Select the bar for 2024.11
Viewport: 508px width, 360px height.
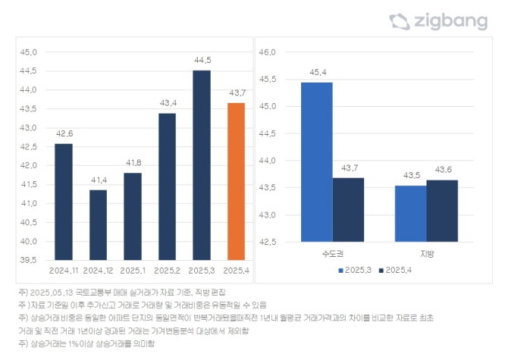point(64,202)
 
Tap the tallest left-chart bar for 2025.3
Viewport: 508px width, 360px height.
point(201,165)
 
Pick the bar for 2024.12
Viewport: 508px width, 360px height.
point(98,224)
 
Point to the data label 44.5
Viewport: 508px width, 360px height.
point(201,60)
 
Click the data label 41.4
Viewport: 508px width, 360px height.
point(98,179)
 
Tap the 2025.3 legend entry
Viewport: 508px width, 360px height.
point(357,271)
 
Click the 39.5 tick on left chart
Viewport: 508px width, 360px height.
point(28,260)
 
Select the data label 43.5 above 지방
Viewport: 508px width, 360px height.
point(410,175)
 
